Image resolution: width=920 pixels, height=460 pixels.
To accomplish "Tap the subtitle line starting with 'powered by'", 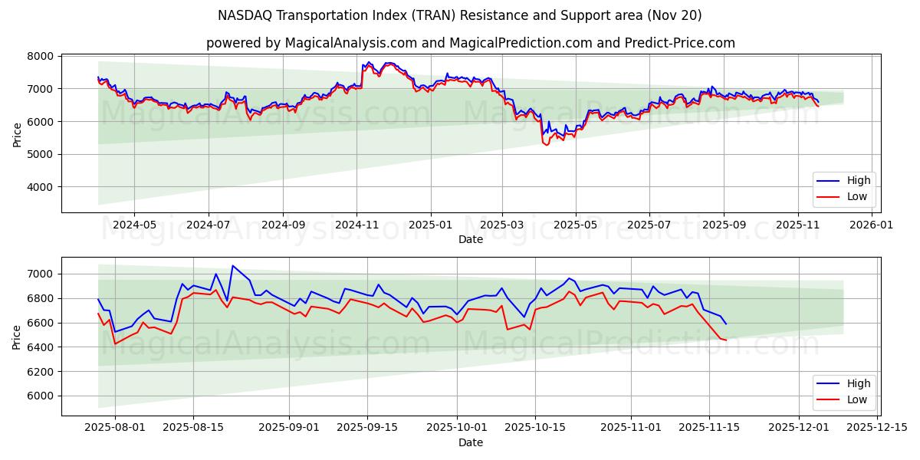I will point(471,43).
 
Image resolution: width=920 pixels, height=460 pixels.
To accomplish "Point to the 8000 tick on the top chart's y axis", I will point(41,57).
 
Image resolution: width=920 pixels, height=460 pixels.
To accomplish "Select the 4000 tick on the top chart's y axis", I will point(41,187).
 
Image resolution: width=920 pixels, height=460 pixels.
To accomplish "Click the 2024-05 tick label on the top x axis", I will point(134,225).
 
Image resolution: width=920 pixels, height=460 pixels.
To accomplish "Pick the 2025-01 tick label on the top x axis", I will point(430,225).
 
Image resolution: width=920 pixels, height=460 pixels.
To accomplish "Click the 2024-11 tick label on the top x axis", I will point(356,225).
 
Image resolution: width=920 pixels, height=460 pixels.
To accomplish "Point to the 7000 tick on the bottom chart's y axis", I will point(41,274).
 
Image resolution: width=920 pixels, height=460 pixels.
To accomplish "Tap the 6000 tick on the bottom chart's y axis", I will point(41,396).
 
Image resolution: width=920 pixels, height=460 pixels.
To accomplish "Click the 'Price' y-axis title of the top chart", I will point(17,134).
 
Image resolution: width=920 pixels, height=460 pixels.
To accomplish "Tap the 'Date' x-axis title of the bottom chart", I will point(471,443).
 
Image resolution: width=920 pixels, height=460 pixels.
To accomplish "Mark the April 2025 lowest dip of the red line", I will point(547,145).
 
